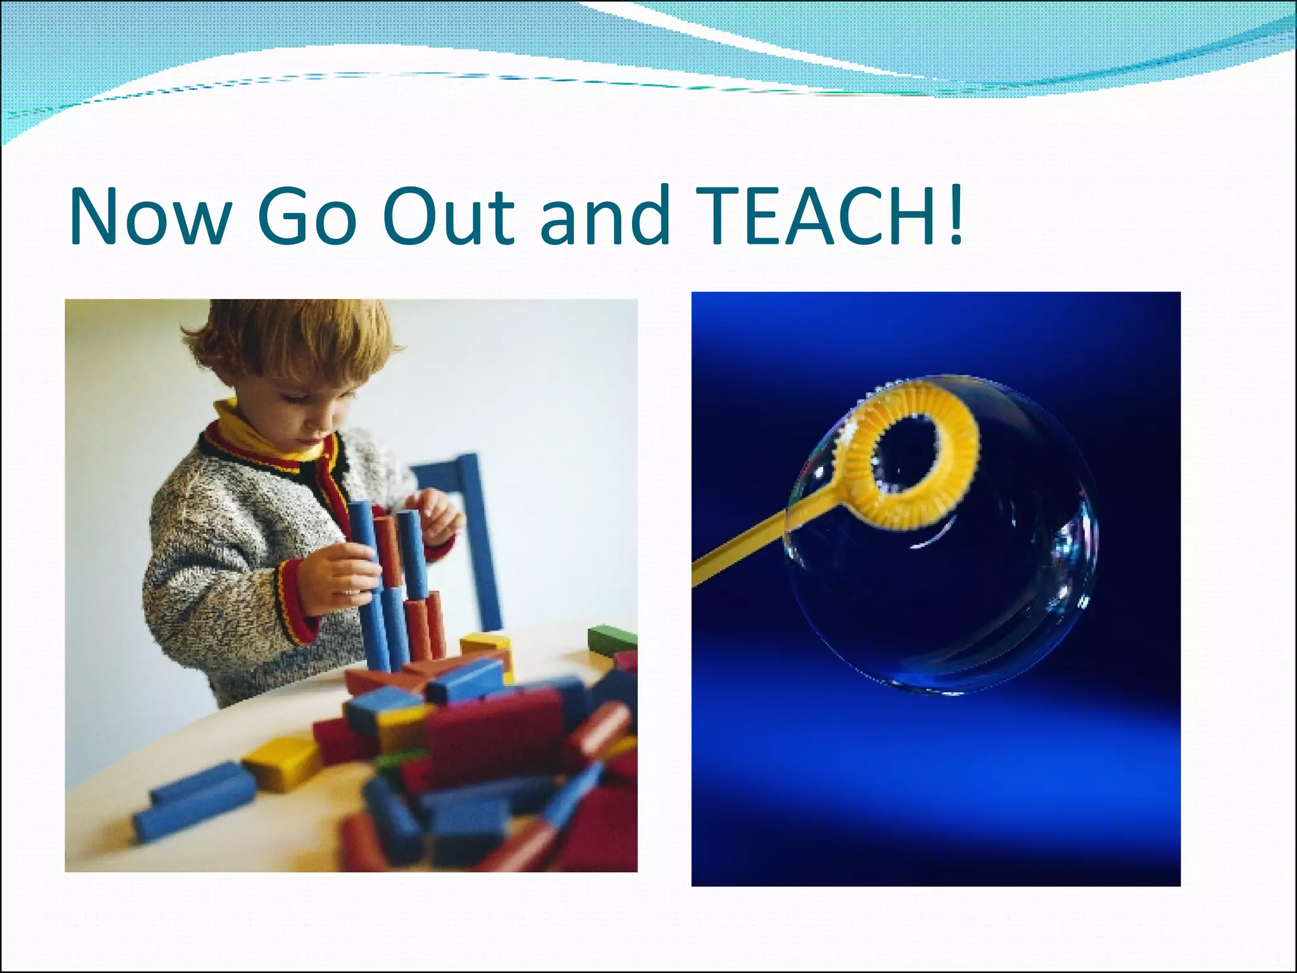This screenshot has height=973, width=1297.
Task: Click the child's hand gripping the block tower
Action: click(x=332, y=573)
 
